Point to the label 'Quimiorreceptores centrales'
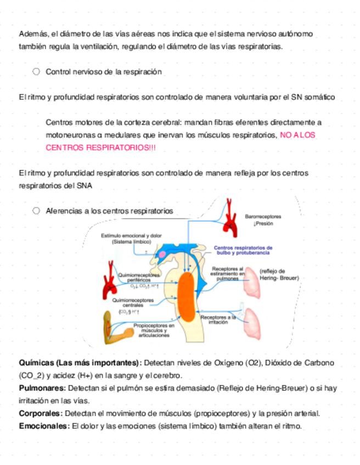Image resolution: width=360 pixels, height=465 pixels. click(x=130, y=304)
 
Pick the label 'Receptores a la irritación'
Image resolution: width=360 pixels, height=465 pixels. click(x=218, y=320)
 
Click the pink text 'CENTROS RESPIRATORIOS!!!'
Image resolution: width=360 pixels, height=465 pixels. click(x=101, y=148)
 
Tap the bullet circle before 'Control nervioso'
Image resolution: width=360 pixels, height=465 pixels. click(x=36, y=72)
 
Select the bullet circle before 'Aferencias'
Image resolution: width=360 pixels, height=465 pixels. click(x=36, y=211)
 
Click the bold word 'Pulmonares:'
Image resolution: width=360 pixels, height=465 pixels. click(x=43, y=388)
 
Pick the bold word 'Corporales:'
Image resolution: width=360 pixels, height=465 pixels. click(x=43, y=413)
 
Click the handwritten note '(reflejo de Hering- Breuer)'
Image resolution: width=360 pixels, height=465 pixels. click(x=279, y=274)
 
